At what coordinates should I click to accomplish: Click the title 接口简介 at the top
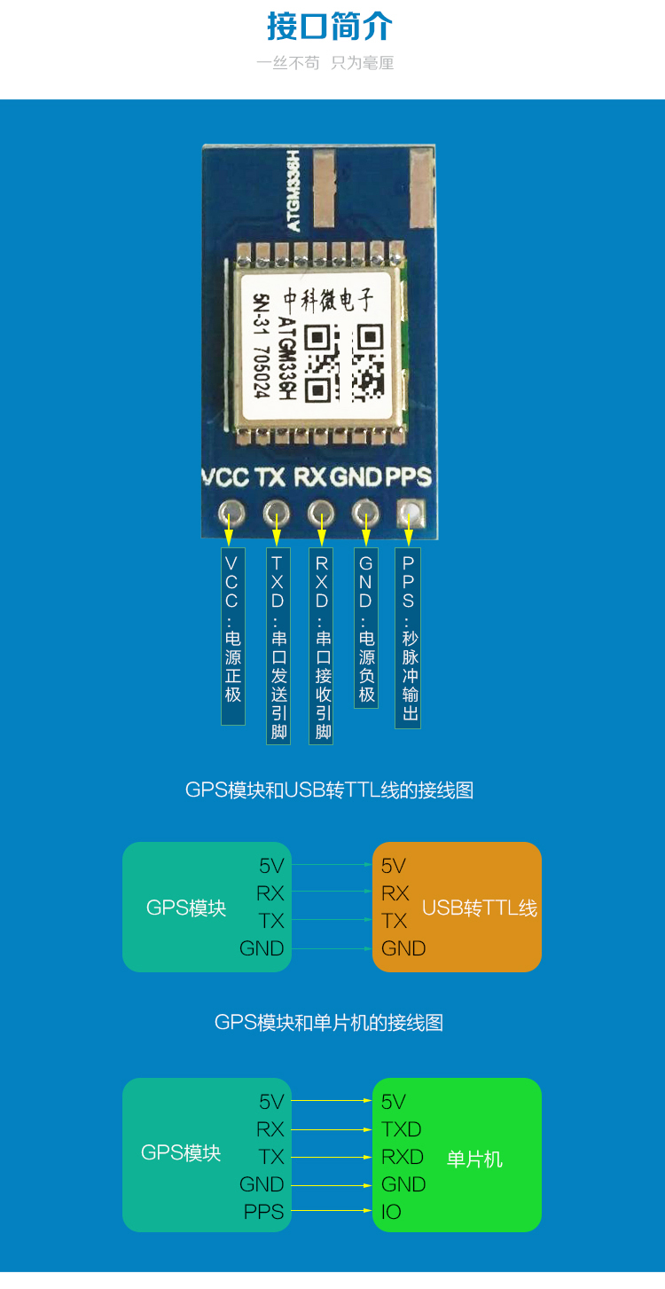pos(330,27)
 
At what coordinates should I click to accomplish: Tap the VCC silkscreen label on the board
pos(225,477)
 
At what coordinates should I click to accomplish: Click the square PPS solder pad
pos(410,512)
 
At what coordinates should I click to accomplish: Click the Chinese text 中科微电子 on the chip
pos(328,301)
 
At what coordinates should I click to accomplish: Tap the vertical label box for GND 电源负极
pos(366,628)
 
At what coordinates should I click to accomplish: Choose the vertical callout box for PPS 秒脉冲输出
pos(408,638)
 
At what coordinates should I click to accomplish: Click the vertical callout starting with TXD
pos(278,646)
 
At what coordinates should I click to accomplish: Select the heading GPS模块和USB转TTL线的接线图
pos(330,790)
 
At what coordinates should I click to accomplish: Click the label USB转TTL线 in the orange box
pos(480,908)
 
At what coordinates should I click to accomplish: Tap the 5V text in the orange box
pos(394,866)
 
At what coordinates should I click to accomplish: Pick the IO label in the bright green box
pos(391,1212)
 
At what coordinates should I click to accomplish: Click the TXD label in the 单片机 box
pos(401,1129)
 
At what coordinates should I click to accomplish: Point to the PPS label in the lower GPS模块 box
pos(264,1212)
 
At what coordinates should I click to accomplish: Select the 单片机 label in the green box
pos(474,1159)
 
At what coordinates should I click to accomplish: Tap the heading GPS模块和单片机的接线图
pos(329,1023)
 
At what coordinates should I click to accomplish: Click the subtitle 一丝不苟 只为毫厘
pos(325,63)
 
